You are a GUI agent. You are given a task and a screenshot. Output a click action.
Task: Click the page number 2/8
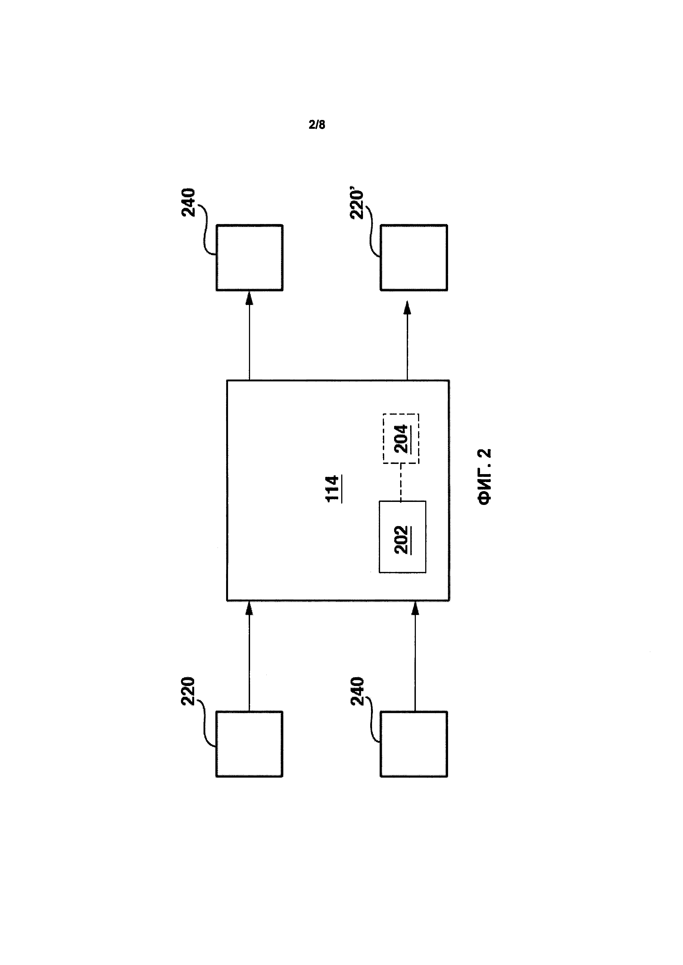pos(317,125)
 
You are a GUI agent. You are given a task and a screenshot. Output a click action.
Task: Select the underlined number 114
pos(333,488)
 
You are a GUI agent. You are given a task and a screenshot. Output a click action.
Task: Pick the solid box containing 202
pos(402,537)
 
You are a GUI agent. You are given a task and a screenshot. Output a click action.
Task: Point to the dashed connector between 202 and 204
pos(400,483)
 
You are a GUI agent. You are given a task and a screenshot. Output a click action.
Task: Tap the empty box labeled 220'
pos(414,257)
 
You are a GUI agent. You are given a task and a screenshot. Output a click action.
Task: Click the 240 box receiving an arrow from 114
pos(250,257)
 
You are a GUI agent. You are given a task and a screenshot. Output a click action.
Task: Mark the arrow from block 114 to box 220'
pos(407,340)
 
